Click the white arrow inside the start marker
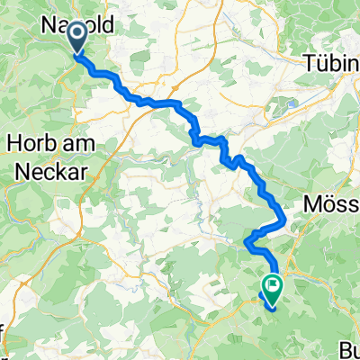76,35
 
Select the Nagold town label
77,27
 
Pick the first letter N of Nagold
48,27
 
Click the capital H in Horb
13,141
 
